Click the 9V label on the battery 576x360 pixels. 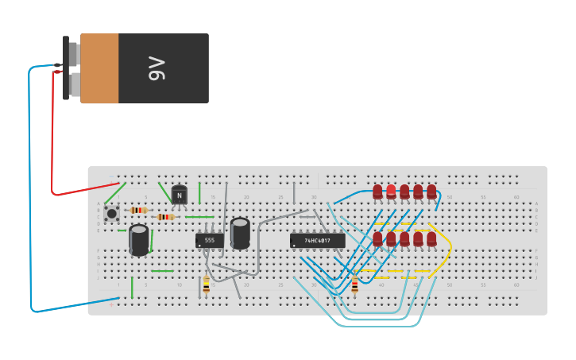tap(157, 68)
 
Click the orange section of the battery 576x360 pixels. tap(99, 68)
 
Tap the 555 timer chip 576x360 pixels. tap(210, 240)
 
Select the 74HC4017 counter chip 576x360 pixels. tap(318, 240)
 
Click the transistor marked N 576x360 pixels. tap(180, 194)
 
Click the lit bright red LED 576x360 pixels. tap(391, 191)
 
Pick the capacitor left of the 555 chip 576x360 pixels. tap(139, 239)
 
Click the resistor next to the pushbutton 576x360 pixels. tap(138, 210)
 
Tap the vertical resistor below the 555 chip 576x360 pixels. tap(207, 284)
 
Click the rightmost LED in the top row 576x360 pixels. tap(431, 192)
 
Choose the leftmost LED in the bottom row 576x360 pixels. tap(377, 238)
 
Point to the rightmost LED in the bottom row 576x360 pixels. tap(431, 238)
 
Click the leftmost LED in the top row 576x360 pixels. tap(377, 192)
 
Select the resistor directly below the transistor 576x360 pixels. tap(165, 216)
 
